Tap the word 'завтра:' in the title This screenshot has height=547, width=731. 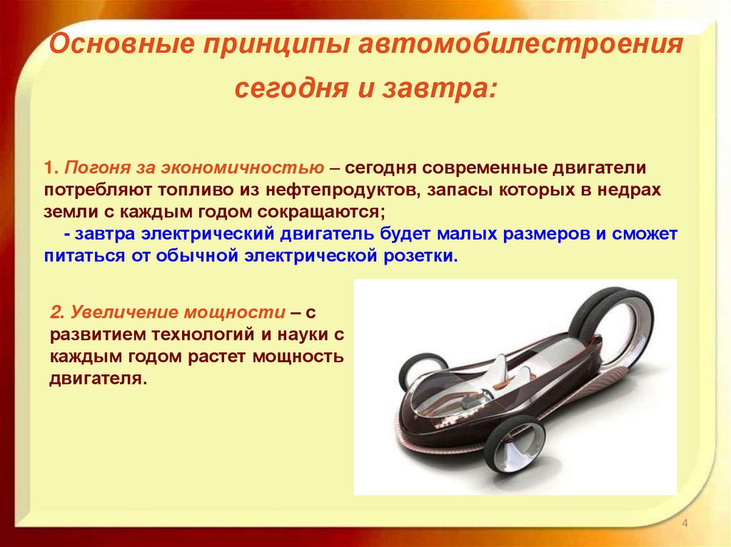coord(439,88)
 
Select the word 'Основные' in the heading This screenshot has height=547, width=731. coord(121,44)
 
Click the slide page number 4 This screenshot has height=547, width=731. coord(685,523)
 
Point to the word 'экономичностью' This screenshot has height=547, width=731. coord(243,168)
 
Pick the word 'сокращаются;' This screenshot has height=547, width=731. coord(322,213)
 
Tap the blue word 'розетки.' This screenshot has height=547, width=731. coord(420,256)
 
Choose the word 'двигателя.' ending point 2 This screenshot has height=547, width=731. coord(98,379)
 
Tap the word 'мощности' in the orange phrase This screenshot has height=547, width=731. coord(234,312)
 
